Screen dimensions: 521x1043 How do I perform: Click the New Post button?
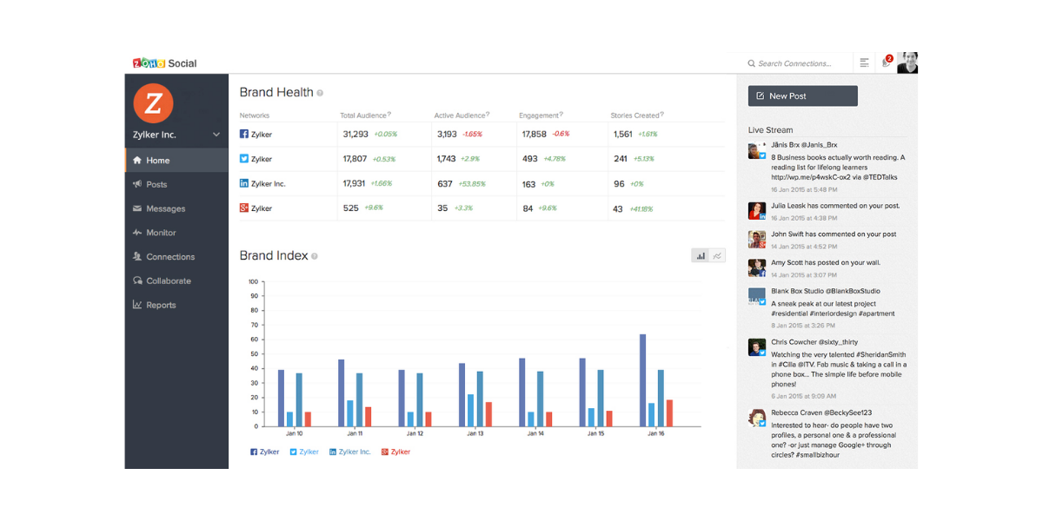[x=802, y=96]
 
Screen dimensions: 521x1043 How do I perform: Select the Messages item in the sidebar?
[x=165, y=208]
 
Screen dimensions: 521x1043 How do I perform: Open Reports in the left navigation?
[x=161, y=305]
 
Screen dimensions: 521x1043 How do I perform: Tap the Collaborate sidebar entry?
[x=168, y=280]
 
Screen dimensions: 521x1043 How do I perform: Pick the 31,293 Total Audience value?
[x=355, y=135]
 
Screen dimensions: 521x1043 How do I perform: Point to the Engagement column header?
[x=539, y=115]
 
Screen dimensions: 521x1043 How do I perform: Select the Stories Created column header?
[x=635, y=115]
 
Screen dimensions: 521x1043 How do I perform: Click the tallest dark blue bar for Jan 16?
[x=643, y=379]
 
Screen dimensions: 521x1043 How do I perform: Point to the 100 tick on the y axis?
[x=253, y=281]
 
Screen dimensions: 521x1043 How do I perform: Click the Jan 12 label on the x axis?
[x=415, y=433]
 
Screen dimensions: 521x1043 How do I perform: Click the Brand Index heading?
[x=274, y=256]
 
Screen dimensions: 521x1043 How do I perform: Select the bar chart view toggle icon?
[x=701, y=255]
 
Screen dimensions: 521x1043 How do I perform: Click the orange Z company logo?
[x=153, y=103]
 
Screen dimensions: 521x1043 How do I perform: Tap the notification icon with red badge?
[x=887, y=63]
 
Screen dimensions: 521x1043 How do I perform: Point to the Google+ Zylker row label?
[x=261, y=208]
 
